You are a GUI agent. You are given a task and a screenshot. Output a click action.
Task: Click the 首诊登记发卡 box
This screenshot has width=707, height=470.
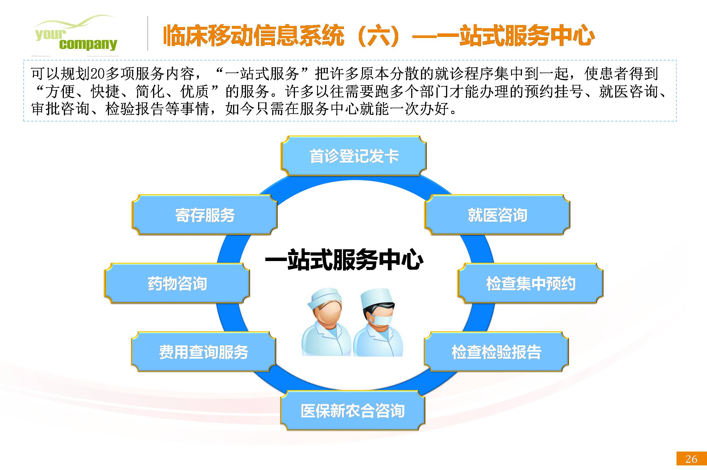(x=354, y=156)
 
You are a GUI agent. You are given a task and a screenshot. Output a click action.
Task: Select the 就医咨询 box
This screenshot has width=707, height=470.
(x=497, y=215)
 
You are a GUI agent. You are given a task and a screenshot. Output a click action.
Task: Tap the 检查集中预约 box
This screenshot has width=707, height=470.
(x=530, y=283)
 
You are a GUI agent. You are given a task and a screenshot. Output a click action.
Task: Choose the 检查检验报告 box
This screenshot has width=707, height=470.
(x=496, y=352)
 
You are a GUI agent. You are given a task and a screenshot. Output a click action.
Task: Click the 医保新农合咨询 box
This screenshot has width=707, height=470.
(x=353, y=410)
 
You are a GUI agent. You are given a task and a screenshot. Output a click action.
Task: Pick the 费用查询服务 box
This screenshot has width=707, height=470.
(x=203, y=352)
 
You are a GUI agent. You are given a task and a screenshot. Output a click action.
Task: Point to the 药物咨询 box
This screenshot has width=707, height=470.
(x=177, y=283)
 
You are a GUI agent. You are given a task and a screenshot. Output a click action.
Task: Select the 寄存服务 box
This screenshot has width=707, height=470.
(x=205, y=215)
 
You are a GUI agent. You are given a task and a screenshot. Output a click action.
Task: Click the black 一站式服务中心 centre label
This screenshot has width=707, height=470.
(x=344, y=260)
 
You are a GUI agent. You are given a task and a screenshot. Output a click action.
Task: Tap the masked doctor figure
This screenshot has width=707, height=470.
(x=378, y=323)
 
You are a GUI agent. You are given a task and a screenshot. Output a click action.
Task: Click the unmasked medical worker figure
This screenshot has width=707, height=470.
(x=326, y=323)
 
